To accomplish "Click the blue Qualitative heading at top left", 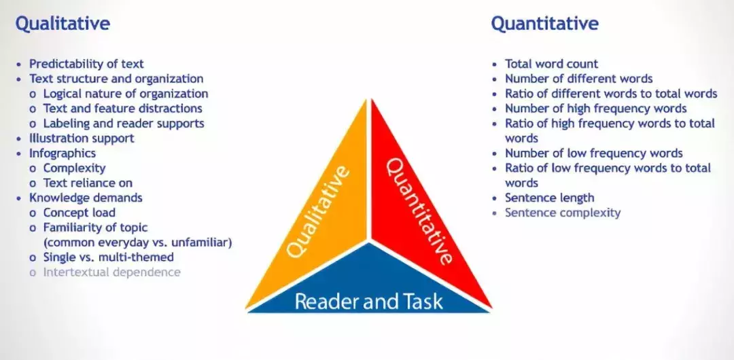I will click(x=63, y=24).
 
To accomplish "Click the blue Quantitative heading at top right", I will click(x=544, y=24).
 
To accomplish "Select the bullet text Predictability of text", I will click(x=86, y=64).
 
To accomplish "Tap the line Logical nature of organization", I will click(x=126, y=94).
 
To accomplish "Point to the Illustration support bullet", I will click(x=82, y=139).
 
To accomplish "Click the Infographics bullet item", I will click(x=63, y=154).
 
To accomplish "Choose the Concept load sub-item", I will click(x=80, y=213).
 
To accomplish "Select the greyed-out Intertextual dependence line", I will click(x=112, y=272).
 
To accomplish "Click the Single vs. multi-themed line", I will click(x=109, y=257).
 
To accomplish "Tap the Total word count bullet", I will click(x=551, y=64).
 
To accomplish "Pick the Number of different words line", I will click(x=578, y=79).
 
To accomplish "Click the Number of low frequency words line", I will click(x=593, y=154).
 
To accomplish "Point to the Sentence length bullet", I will click(x=549, y=198).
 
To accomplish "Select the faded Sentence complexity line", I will click(x=563, y=213).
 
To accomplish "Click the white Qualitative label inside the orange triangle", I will click(x=318, y=211).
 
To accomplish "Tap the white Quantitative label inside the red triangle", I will click(x=419, y=211).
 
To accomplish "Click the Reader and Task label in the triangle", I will click(x=368, y=301).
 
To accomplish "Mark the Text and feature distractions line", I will click(x=122, y=109).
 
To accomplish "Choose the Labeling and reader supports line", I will click(x=124, y=124).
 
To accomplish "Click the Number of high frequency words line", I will click(x=595, y=109).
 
